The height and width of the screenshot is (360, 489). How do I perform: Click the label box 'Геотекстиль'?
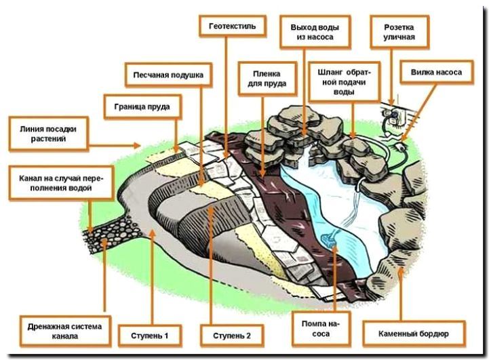(228, 26)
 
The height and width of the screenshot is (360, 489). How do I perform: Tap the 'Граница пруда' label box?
(142, 106)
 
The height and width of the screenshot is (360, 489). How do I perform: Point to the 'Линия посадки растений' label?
(48, 134)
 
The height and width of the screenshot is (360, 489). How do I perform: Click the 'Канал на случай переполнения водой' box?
(60, 182)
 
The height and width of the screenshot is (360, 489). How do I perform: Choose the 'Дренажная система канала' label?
(61, 331)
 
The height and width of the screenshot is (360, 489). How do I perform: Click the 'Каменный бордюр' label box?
(414, 333)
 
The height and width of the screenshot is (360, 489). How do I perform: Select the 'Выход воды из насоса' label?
(315, 31)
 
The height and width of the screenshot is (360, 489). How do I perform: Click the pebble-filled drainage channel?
(109, 230)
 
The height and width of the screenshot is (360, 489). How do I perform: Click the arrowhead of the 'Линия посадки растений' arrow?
(138, 144)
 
